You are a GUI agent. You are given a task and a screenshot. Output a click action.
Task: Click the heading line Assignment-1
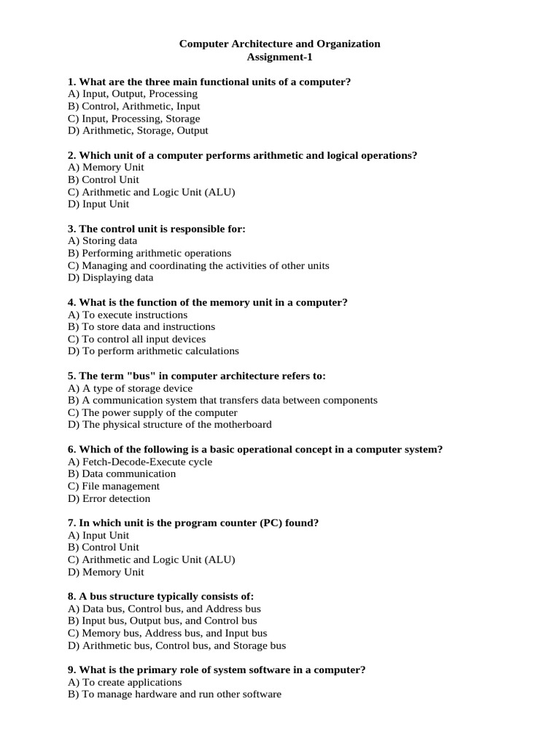pyautogui.click(x=279, y=57)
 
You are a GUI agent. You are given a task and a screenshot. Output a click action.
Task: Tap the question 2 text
pyautogui.click(x=248, y=155)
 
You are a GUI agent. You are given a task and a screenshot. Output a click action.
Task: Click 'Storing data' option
pyautogui.click(x=102, y=241)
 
